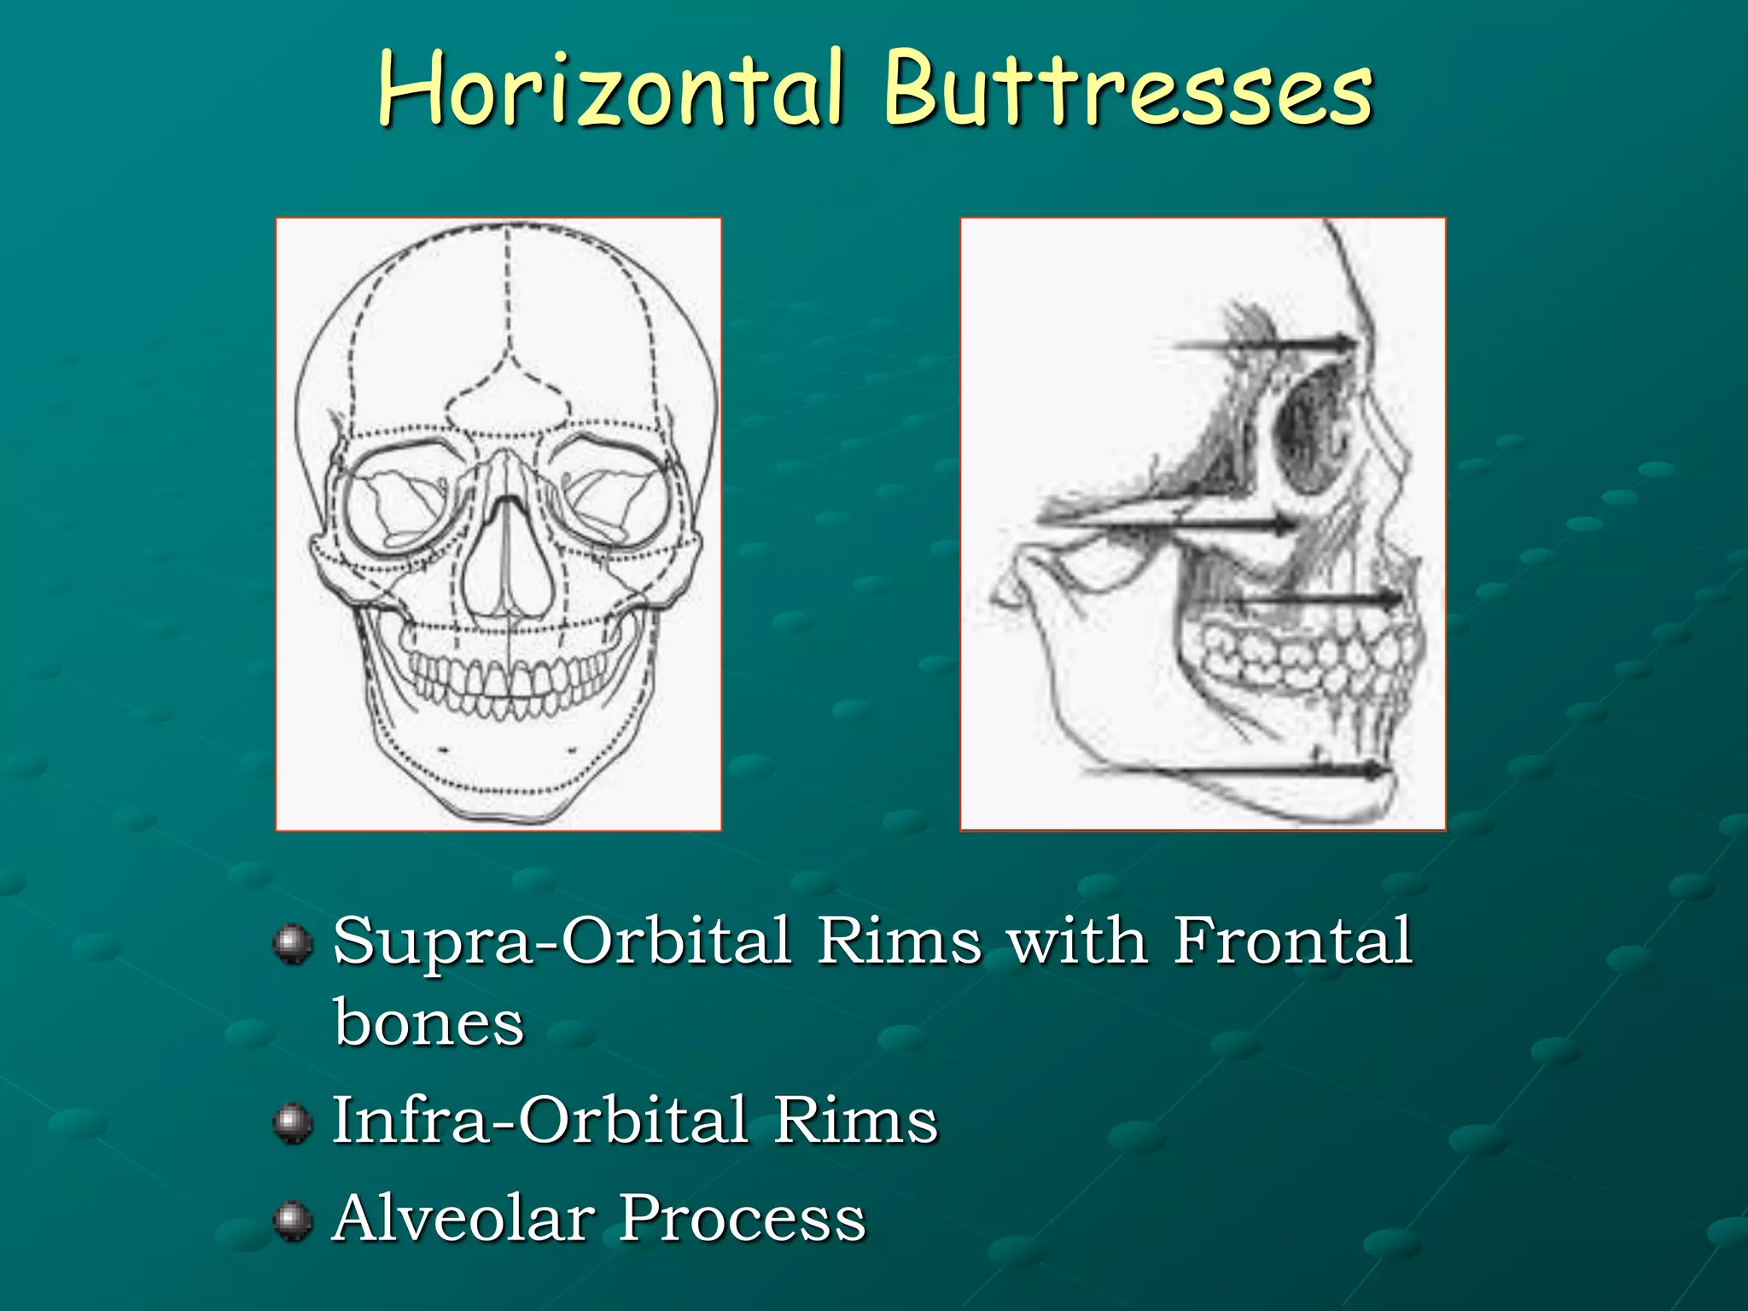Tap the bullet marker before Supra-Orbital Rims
(x=293, y=944)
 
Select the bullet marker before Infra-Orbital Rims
(x=293, y=1122)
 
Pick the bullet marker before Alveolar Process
(x=293, y=1220)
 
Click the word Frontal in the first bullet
(x=1292, y=941)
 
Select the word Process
(x=742, y=1218)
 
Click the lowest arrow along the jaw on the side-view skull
(x=1238, y=771)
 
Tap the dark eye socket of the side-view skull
(x=1310, y=427)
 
